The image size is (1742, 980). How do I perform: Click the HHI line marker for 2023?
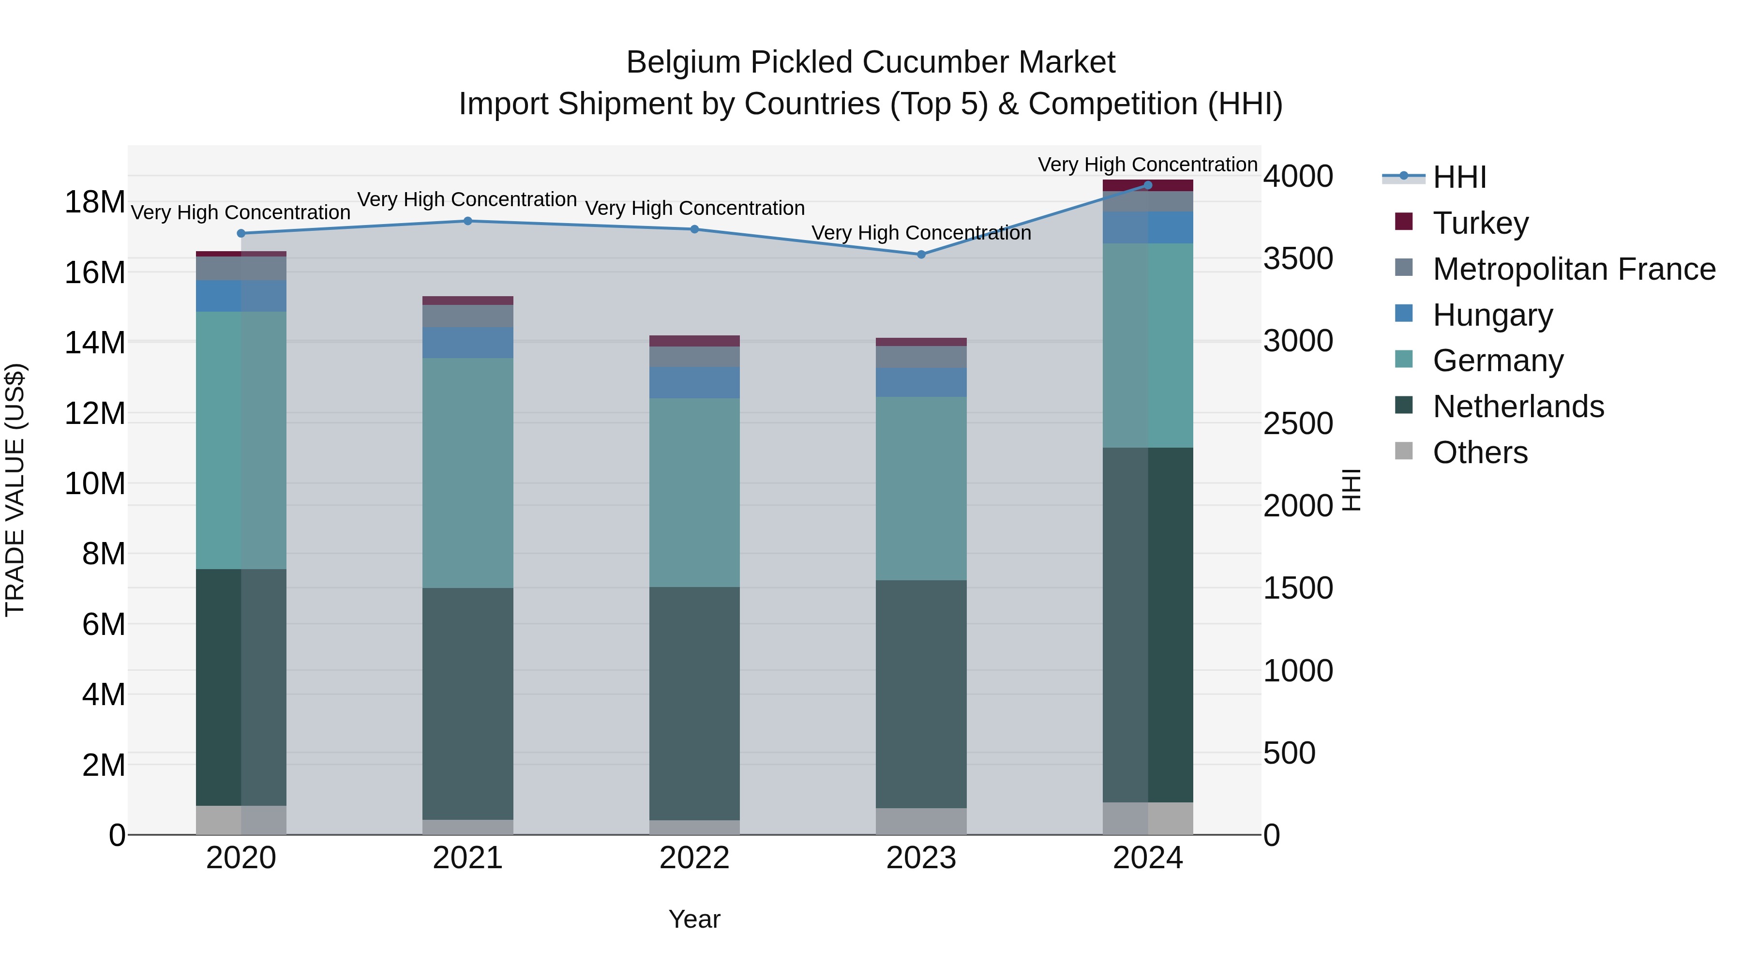pos(921,254)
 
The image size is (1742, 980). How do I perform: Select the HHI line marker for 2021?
pos(467,221)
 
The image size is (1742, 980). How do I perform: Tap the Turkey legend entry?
pos(1480,223)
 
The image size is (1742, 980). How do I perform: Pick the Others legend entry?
pos(1480,452)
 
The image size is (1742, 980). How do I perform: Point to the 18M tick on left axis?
pos(95,202)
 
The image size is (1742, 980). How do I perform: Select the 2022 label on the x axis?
pos(694,858)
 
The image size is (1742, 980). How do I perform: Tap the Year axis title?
pos(694,919)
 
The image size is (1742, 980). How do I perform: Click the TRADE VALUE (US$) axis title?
pos(15,490)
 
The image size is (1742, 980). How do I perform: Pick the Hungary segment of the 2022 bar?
pos(694,383)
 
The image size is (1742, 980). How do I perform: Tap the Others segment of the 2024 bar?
pos(1148,818)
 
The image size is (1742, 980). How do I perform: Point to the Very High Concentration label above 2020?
pos(241,212)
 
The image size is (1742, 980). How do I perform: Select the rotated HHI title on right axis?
pos(1351,490)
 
